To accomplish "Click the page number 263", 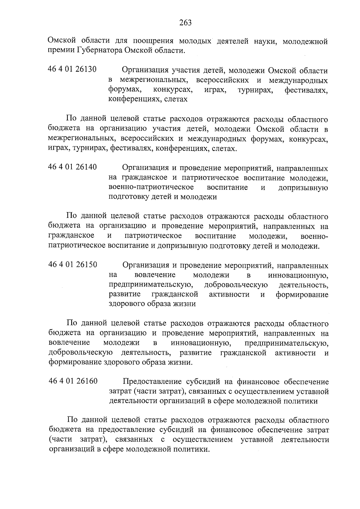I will (185, 22).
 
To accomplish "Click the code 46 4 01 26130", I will (72, 70).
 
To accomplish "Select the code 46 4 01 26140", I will (72, 167).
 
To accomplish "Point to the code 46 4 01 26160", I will (73, 381).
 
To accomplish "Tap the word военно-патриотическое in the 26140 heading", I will (151, 187).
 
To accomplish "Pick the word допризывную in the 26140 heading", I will (303, 188).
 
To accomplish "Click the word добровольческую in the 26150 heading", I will (236, 285).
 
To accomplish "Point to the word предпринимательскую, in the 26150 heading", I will (151, 285).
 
